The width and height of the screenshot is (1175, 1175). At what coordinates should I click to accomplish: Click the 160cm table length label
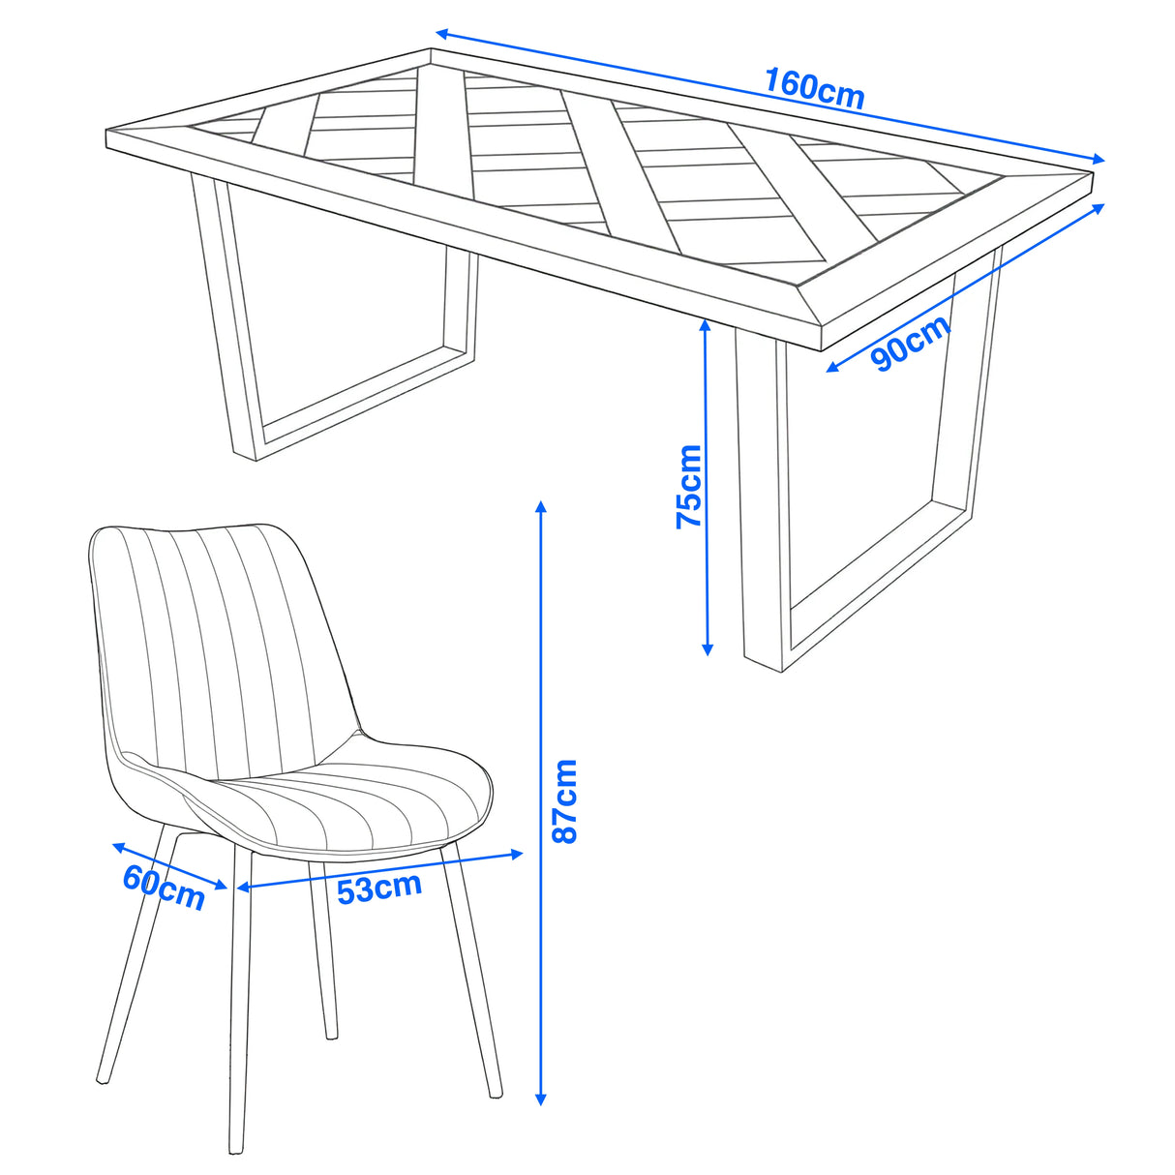click(x=814, y=87)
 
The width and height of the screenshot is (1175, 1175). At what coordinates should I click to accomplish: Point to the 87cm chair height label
click(x=563, y=800)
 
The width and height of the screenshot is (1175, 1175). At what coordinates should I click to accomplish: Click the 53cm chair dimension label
click(x=379, y=887)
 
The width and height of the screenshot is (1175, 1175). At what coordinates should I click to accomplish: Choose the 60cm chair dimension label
click(x=164, y=887)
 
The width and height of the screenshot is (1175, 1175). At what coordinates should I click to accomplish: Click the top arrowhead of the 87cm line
click(x=541, y=506)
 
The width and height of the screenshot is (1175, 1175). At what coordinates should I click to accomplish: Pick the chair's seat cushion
click(x=348, y=794)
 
